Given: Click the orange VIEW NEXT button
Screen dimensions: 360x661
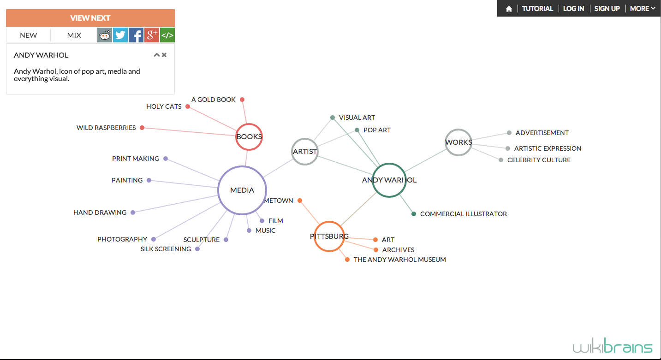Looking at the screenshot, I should (90, 18).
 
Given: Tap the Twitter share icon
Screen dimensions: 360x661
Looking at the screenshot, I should (120, 35).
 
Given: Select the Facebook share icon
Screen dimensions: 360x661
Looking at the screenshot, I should (136, 35).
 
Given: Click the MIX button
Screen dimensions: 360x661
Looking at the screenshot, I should (74, 35).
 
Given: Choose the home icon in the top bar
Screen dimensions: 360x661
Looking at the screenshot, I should (509, 9).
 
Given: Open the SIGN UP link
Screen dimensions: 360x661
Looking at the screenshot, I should (607, 9).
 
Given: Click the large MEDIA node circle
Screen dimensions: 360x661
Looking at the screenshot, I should (242, 190).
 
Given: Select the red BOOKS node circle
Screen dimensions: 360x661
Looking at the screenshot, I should (249, 136).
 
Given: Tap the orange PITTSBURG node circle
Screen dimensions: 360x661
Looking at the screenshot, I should (329, 236).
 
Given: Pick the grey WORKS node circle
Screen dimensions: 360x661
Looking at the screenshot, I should (459, 142).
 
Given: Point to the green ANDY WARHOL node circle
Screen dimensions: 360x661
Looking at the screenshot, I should (389, 180).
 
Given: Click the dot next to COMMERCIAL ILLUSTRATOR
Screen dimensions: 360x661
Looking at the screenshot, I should (414, 214).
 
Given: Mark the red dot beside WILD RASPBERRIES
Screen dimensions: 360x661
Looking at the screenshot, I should (142, 128).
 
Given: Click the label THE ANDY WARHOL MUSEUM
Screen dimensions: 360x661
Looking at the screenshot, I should (399, 260).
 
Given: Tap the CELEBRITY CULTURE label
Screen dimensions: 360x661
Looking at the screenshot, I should (539, 160).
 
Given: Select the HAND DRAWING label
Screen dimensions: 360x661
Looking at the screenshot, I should (100, 212).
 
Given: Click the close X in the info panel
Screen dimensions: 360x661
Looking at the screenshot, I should (164, 55).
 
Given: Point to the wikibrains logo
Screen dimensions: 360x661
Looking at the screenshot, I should (613, 347).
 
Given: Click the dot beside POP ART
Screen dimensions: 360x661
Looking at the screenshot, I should (357, 130).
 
